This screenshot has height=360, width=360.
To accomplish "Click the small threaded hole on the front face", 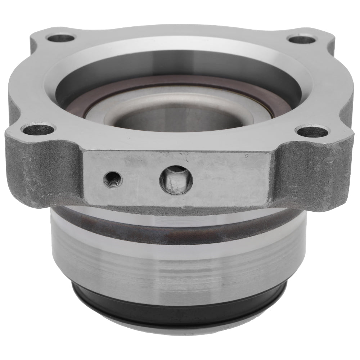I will pos(113,178).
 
